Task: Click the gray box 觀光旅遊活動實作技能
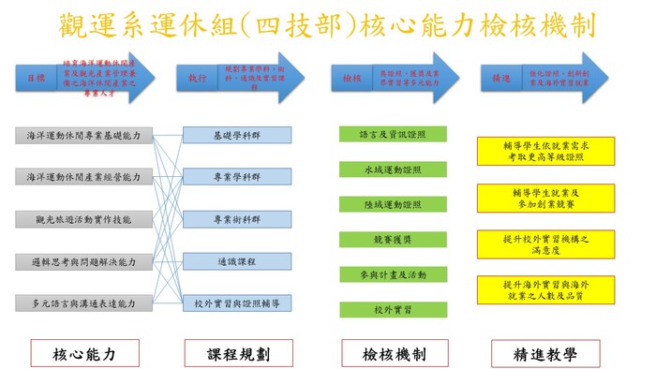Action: click(x=84, y=219)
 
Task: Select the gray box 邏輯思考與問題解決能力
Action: click(x=84, y=261)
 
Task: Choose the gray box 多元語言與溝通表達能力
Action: click(x=84, y=303)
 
